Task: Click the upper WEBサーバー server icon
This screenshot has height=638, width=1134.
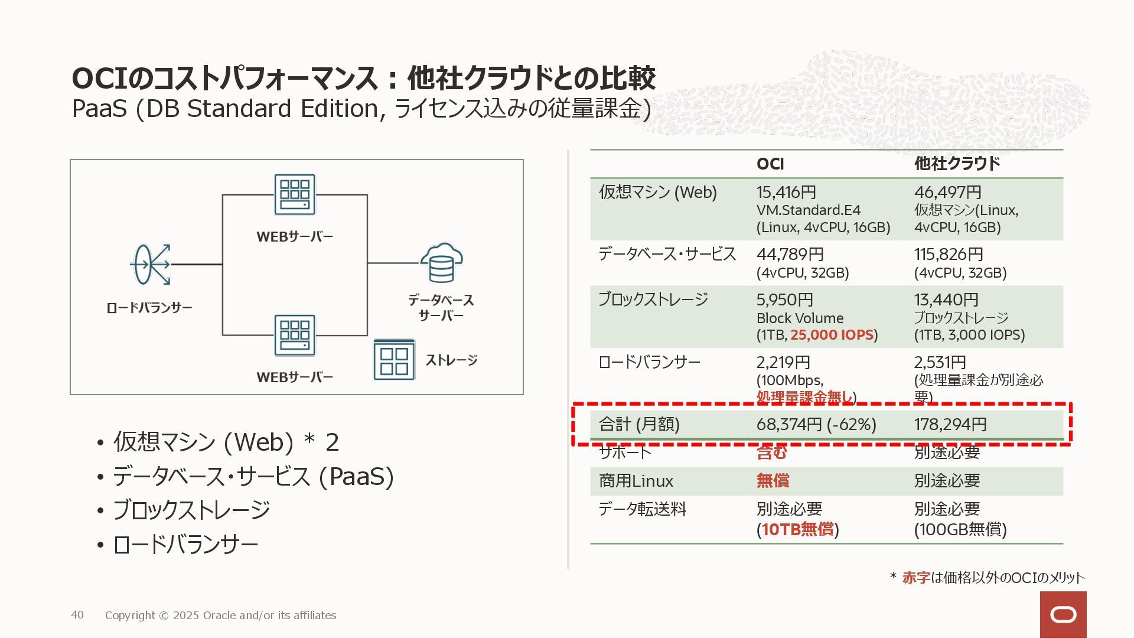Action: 295,195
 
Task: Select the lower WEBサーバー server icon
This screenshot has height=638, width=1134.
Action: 295,335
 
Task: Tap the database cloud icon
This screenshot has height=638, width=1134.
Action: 441,263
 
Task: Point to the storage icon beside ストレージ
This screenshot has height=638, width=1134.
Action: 394,360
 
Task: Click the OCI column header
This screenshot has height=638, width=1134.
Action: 770,164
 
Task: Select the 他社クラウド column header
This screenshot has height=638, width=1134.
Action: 957,164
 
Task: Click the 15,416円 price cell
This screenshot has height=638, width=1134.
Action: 786,192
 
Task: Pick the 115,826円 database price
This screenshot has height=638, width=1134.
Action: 949,254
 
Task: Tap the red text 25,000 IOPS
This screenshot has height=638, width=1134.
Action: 832,335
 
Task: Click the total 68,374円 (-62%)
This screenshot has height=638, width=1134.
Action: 816,424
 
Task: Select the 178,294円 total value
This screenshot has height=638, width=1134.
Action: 950,424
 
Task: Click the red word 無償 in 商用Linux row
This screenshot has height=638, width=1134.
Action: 773,481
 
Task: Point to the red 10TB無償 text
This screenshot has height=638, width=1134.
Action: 798,529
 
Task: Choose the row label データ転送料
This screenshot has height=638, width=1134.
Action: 643,509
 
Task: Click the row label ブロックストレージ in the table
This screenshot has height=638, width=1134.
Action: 653,300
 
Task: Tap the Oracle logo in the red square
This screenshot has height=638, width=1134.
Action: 1063,615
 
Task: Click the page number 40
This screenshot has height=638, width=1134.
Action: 77,615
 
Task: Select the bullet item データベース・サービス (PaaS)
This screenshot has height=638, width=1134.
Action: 253,477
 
